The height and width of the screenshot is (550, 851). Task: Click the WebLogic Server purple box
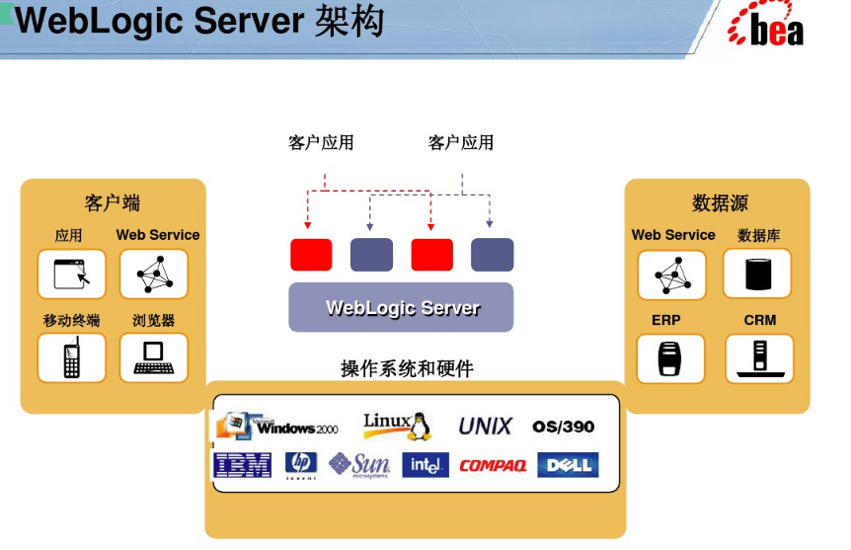(x=401, y=307)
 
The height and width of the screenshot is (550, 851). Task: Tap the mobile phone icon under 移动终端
(x=71, y=357)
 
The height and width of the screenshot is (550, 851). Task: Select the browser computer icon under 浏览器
(x=153, y=357)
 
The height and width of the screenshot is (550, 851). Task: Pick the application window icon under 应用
(x=71, y=274)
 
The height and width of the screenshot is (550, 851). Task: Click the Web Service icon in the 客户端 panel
(x=153, y=274)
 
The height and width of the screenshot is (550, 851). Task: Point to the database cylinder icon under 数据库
(x=757, y=274)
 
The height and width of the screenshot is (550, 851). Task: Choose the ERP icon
(x=671, y=358)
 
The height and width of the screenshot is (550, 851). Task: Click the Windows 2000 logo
(x=277, y=426)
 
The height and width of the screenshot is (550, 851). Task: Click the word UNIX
(x=485, y=427)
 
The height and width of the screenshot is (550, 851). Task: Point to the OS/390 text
(x=564, y=427)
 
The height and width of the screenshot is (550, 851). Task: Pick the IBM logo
(x=243, y=465)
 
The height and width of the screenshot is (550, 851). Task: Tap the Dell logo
(x=568, y=465)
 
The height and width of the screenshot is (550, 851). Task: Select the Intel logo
(x=425, y=465)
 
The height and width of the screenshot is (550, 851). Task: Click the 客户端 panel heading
(x=113, y=203)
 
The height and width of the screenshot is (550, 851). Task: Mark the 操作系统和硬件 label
(x=407, y=368)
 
